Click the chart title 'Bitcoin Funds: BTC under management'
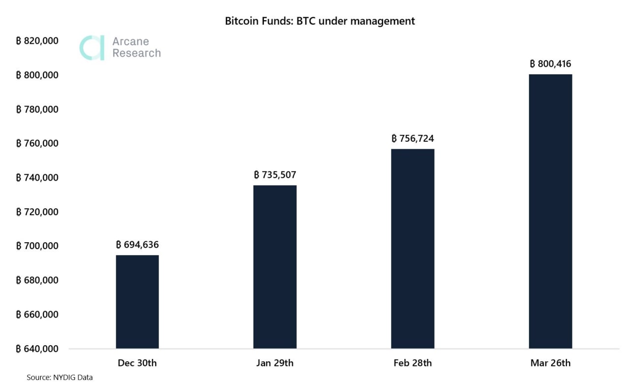tap(319, 21)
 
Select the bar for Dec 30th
tap(137, 301)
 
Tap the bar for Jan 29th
tap(275, 266)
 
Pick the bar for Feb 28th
tap(412, 248)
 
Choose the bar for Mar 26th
tap(550, 211)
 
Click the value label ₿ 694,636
tap(137, 245)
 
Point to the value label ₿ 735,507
tap(275, 175)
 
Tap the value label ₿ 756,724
tap(412, 138)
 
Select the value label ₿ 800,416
tap(550, 64)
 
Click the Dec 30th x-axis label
tap(137, 363)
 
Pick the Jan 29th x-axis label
tap(275, 363)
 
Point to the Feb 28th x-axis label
tap(412, 363)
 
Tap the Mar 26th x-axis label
tap(550, 363)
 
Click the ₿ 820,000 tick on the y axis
tap(37, 41)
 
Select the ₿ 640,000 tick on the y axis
tap(37, 349)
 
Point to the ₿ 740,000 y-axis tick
tap(37, 178)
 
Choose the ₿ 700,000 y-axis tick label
tap(37, 246)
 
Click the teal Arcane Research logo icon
tap(93, 48)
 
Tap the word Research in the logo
tap(136, 53)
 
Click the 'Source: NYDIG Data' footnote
tap(60, 378)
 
